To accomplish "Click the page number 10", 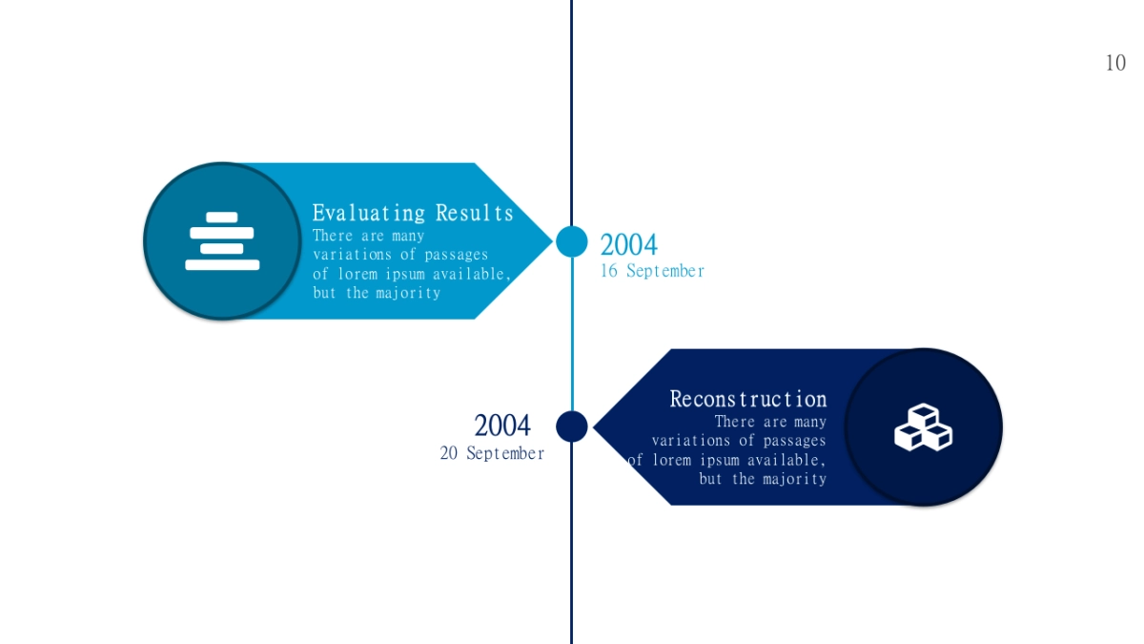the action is (1115, 63).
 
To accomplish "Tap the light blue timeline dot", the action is (571, 241).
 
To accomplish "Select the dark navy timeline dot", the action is (571, 426).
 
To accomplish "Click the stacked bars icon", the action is (222, 240).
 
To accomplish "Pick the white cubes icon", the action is (924, 427).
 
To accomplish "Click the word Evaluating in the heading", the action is (369, 213).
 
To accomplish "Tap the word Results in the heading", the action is (475, 213).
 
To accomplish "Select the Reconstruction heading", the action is (748, 399).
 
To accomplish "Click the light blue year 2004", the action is (628, 244).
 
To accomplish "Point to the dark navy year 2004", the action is (502, 426).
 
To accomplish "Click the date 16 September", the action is (652, 271).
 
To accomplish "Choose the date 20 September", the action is (492, 453).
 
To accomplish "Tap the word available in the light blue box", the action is (471, 275).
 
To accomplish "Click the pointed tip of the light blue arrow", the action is (553, 241).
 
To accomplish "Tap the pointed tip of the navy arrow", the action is (593, 426).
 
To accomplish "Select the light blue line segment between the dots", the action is (572, 334).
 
